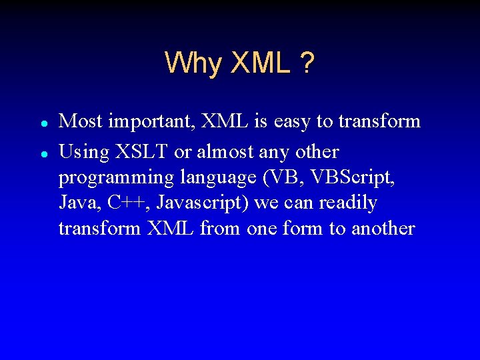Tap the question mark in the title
(x=307, y=63)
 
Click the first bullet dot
(x=43, y=124)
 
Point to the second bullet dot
(x=43, y=153)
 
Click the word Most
(x=81, y=121)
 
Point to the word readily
(x=349, y=203)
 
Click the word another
(x=383, y=228)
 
